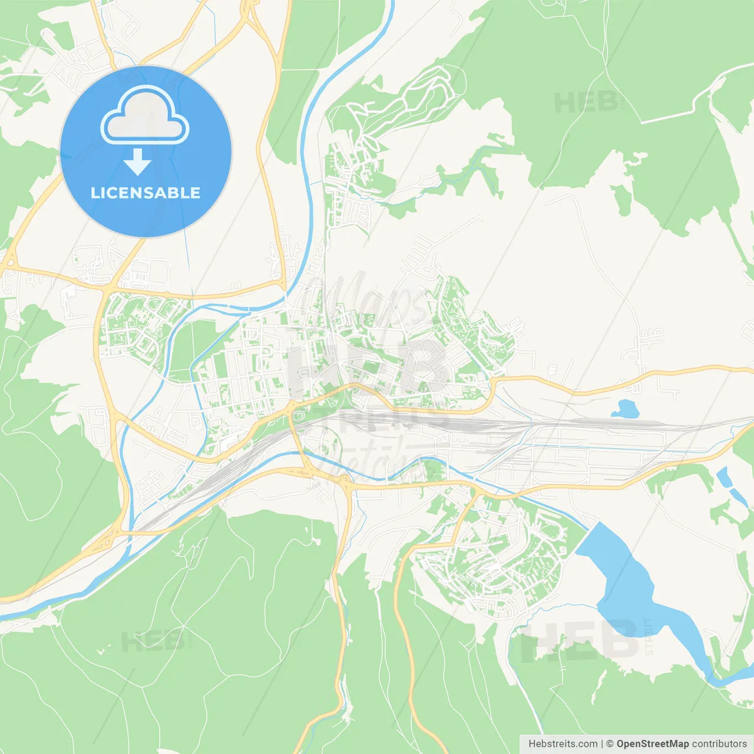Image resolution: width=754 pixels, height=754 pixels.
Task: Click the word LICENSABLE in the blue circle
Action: coord(145,193)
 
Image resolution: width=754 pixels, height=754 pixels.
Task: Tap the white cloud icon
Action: coord(145,116)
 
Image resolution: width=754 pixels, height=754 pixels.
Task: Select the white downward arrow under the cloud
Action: coord(137,162)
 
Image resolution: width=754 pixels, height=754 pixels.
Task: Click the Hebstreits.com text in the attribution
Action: coord(563,743)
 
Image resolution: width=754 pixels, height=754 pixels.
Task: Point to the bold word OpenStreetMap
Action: coord(652,743)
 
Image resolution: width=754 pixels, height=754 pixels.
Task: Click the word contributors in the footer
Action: coord(719,743)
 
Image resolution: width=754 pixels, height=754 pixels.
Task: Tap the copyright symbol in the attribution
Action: coord(610,743)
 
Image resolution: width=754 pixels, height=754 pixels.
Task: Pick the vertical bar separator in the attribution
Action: coord(602,743)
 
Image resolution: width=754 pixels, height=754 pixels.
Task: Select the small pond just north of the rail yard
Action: coord(626,407)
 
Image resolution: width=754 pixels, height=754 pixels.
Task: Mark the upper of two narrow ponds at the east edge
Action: coord(722,477)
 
